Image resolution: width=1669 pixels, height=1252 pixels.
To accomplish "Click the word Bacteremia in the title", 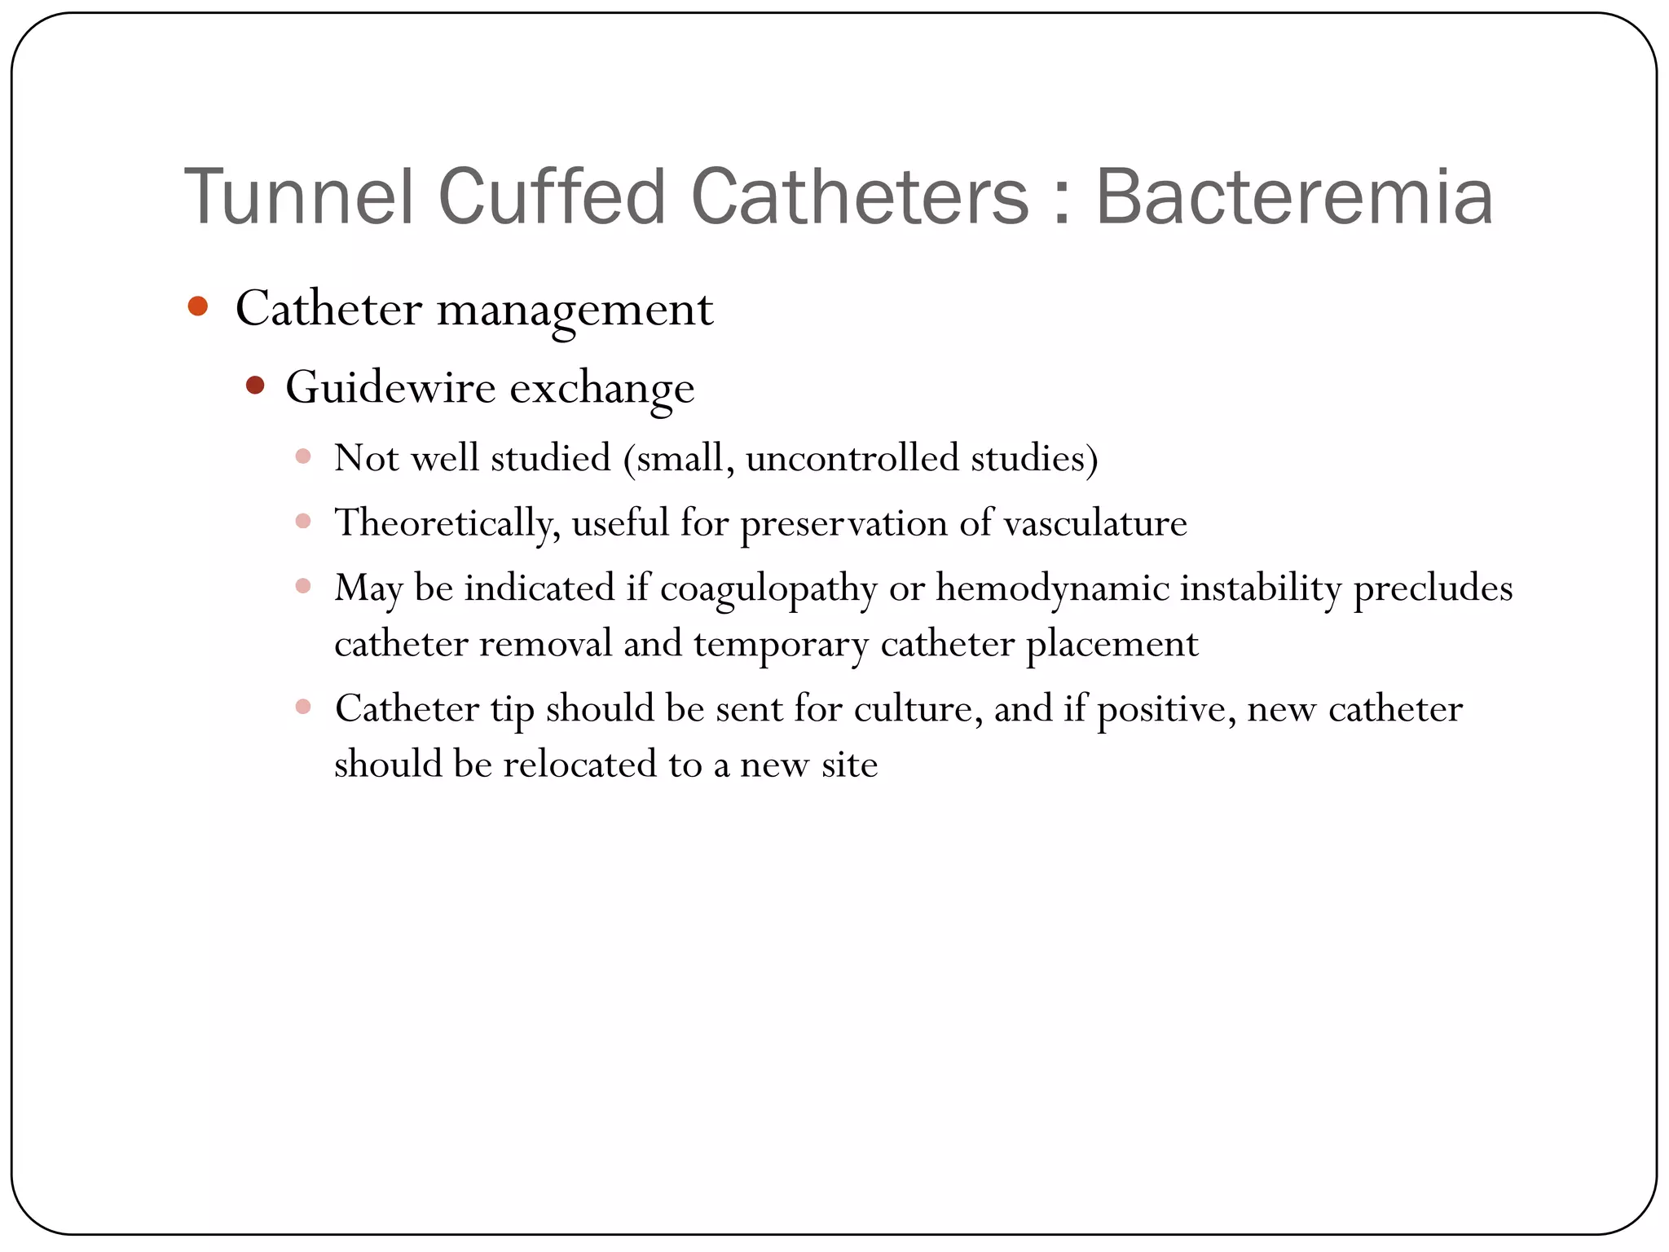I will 1294,197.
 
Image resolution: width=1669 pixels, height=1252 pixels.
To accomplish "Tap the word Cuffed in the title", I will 553,197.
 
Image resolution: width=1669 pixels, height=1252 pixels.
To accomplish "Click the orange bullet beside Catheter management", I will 197,306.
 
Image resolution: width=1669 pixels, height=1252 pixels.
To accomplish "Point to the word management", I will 575,311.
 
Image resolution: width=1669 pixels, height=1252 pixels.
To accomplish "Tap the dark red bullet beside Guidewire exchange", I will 255,385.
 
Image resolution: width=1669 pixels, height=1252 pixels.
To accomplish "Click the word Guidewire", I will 390,387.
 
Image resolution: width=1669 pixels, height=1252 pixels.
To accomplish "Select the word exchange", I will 602,389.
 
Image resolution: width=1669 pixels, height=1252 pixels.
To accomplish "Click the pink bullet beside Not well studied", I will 303,456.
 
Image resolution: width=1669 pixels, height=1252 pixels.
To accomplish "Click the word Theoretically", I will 447,523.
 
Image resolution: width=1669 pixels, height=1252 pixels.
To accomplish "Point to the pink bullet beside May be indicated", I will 303,585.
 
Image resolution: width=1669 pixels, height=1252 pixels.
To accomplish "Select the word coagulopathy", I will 768,589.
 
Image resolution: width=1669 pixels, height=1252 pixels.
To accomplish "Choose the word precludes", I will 1433,588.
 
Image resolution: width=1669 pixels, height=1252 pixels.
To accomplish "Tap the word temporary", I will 781,645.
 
